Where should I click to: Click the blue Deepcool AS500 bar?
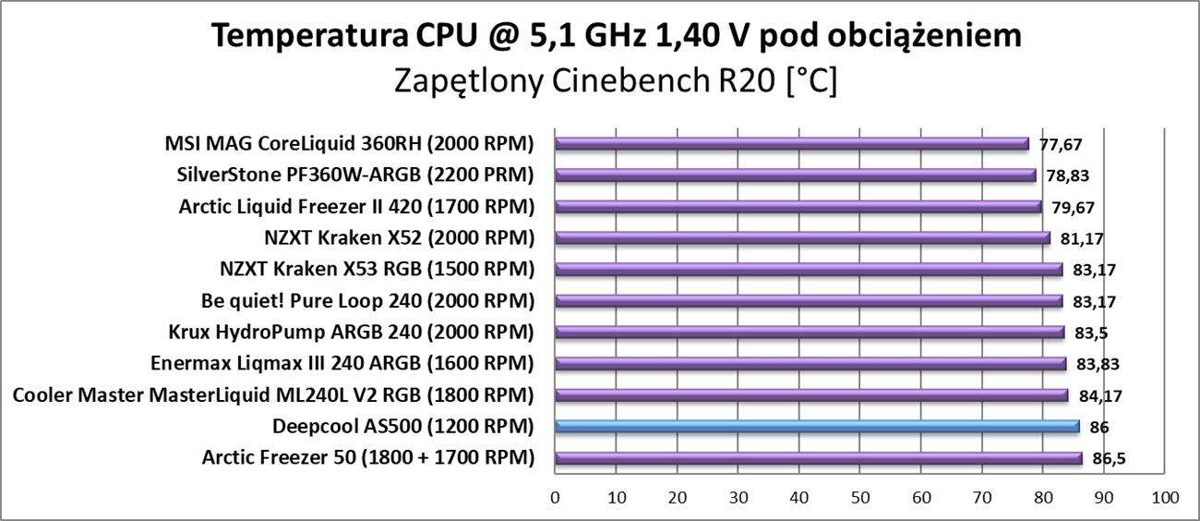point(817,426)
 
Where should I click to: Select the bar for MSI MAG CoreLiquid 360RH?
point(792,143)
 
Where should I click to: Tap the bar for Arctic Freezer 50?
point(818,457)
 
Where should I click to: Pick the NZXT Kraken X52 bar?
point(802,237)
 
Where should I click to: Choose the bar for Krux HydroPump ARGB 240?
point(810,332)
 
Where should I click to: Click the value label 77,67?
point(1060,144)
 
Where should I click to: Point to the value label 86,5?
point(1110,458)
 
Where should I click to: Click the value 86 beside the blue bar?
point(1099,427)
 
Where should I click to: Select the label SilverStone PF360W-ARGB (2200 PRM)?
point(355,175)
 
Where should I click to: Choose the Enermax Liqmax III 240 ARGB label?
point(342,363)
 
